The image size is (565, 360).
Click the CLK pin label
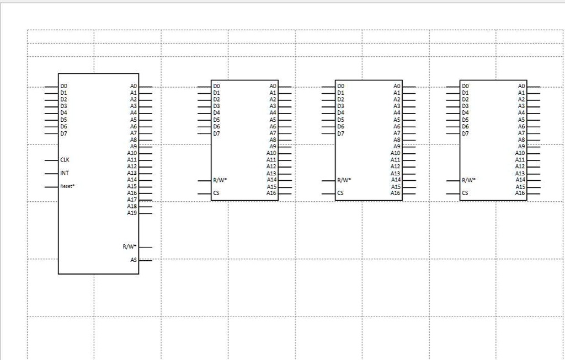(x=65, y=159)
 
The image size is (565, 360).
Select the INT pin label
(x=65, y=173)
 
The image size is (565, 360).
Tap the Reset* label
(x=67, y=186)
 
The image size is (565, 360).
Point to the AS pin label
(x=134, y=260)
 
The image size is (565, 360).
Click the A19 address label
(x=132, y=213)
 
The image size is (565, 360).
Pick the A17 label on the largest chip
(x=132, y=200)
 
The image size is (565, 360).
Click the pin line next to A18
(x=146, y=207)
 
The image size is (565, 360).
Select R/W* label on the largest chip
(x=130, y=246)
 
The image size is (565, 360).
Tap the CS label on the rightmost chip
(x=465, y=193)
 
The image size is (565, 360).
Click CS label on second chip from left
(x=216, y=193)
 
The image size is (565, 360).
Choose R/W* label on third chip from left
(x=344, y=180)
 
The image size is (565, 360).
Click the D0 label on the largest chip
(x=64, y=86)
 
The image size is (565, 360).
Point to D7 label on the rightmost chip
(x=465, y=133)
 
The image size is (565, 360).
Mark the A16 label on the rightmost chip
(x=520, y=193)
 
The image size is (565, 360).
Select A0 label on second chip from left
(x=273, y=86)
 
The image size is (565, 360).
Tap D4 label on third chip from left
(x=341, y=112)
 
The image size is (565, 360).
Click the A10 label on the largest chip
(x=132, y=153)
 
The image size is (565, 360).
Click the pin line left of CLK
(x=51, y=160)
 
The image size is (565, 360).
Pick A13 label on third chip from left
(x=396, y=174)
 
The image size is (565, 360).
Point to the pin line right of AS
(x=146, y=260)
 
